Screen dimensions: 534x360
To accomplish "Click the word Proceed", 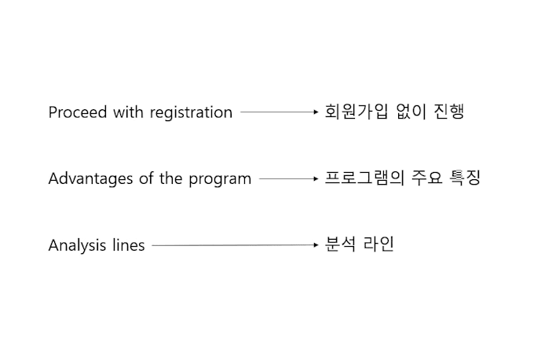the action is tap(78, 112).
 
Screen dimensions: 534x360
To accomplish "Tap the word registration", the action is tap(191, 113).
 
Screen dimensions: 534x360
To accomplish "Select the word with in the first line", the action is tap(128, 112).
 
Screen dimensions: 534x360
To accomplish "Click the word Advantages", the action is tap(90, 179).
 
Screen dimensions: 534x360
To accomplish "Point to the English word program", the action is tap(220, 180).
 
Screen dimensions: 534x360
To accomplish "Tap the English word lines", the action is tap(129, 245).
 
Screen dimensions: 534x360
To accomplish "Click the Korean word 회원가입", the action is tap(357, 112).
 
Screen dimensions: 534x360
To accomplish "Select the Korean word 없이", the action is tap(411, 112).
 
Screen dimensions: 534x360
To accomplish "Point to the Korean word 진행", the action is tap(449, 112).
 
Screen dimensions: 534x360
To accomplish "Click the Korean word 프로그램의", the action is tap(364, 178).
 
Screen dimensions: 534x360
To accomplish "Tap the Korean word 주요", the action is tap(427, 178).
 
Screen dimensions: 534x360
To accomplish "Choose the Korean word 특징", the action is tap(465, 178).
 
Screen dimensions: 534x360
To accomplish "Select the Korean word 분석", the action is tap(340, 244).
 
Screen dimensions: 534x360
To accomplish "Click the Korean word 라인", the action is tap(379, 244).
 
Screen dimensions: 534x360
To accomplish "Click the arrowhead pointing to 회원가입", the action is tap(316, 112).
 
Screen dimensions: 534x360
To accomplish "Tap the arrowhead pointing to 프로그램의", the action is tap(316, 178).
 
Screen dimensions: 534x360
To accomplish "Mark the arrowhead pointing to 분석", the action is tap(316, 244).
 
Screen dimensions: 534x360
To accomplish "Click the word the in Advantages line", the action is tap(170, 178).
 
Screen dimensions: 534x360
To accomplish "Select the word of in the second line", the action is tap(146, 178).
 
